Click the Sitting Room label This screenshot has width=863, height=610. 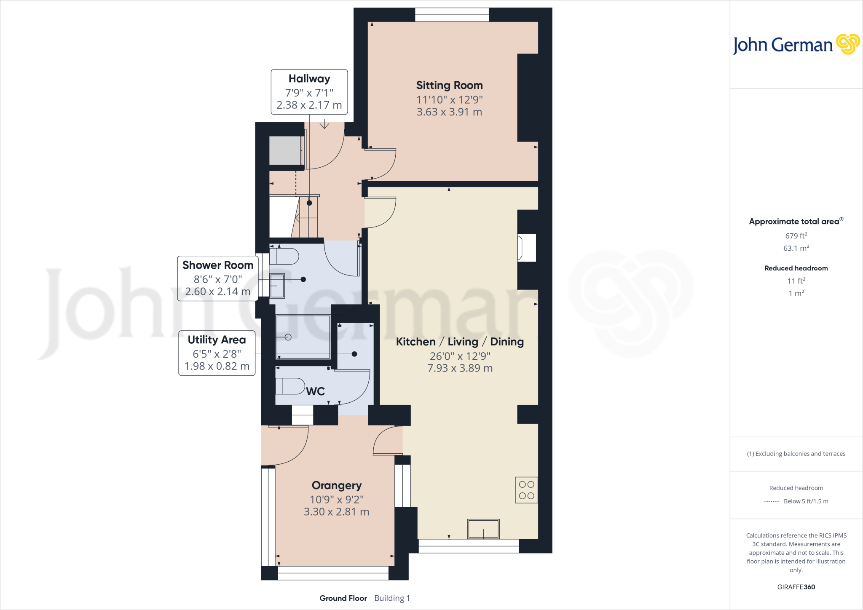point(449,86)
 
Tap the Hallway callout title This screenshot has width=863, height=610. point(309,79)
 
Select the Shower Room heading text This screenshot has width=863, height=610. point(217,265)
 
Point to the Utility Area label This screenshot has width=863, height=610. point(217,340)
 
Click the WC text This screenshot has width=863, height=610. point(315,391)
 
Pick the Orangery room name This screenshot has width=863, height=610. point(336,485)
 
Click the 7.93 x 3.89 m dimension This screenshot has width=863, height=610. point(460,368)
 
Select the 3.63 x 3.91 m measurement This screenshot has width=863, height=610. point(449,112)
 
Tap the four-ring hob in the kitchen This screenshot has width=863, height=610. point(526,490)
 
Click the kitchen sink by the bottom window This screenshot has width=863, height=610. point(483,529)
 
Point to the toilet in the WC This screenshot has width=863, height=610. point(290,386)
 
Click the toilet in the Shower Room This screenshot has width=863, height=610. point(284,256)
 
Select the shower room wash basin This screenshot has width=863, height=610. point(277,285)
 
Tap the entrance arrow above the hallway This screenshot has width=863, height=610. point(324,124)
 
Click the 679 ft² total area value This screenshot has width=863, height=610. point(796,236)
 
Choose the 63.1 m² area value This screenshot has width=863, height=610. point(796,248)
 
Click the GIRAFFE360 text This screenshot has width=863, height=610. point(796,587)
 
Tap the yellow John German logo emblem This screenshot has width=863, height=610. point(847,44)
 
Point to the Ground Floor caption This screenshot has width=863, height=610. point(343,598)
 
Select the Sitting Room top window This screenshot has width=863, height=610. point(452,15)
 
